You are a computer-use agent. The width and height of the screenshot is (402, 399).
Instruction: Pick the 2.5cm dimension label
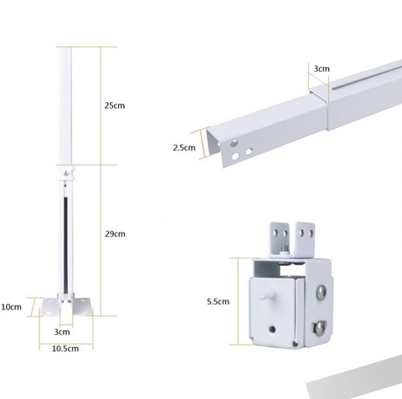pyautogui.click(x=183, y=147)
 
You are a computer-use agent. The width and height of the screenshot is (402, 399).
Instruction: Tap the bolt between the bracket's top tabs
pyautogui.click(x=290, y=247)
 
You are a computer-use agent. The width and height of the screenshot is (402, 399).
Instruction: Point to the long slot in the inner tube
pyautogui.click(x=368, y=81)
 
